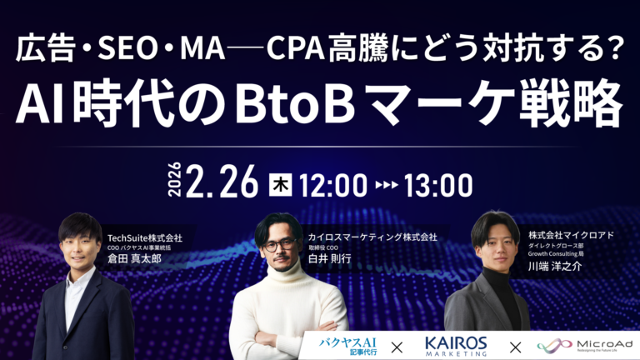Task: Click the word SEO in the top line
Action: point(120,52)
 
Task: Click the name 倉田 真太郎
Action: point(134,258)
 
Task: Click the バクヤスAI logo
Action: point(352,344)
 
